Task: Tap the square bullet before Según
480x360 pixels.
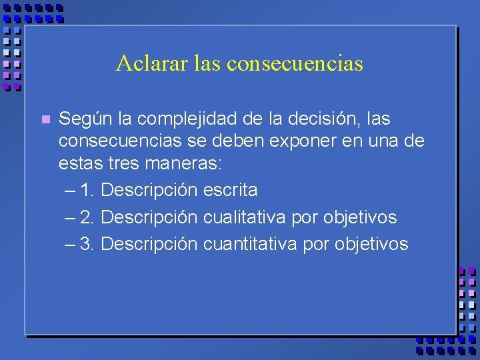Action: coord(45,120)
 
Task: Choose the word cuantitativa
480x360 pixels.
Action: coord(251,244)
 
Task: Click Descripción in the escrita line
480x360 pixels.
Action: coord(149,191)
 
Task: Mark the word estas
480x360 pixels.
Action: coord(79,164)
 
